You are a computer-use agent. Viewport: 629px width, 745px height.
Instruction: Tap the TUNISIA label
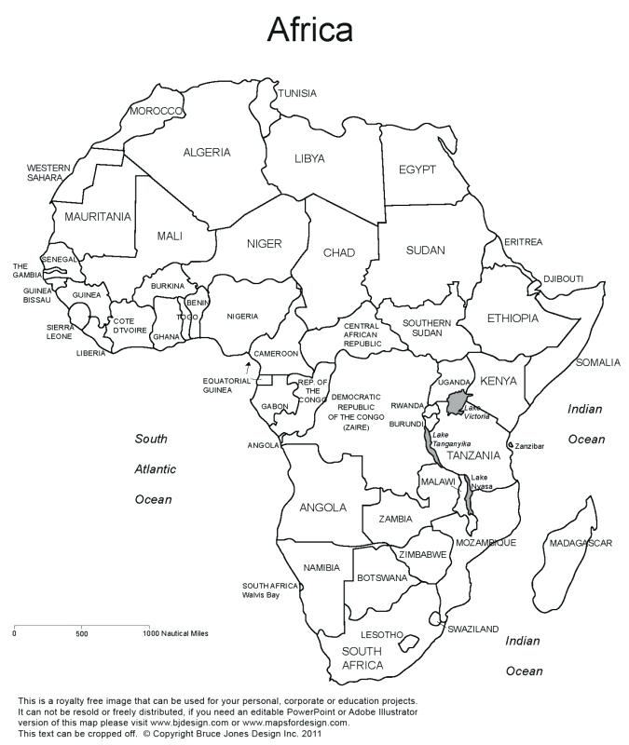tap(296, 93)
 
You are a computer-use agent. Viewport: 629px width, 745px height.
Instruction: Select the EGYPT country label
tap(417, 169)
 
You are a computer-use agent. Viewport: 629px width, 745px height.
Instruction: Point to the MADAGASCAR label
tap(580, 543)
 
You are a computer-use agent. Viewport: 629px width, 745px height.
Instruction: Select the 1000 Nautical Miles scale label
tap(175, 633)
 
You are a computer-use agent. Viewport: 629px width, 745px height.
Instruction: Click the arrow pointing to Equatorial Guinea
tap(248, 367)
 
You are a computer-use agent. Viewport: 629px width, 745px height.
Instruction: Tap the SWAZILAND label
tap(472, 629)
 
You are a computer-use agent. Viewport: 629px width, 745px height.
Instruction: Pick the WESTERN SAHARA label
tap(48, 172)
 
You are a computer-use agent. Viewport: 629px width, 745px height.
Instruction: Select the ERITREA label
tap(523, 242)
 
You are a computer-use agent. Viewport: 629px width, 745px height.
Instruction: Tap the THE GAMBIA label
tap(25, 270)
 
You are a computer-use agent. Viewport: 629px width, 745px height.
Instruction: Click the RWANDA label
tap(407, 406)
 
